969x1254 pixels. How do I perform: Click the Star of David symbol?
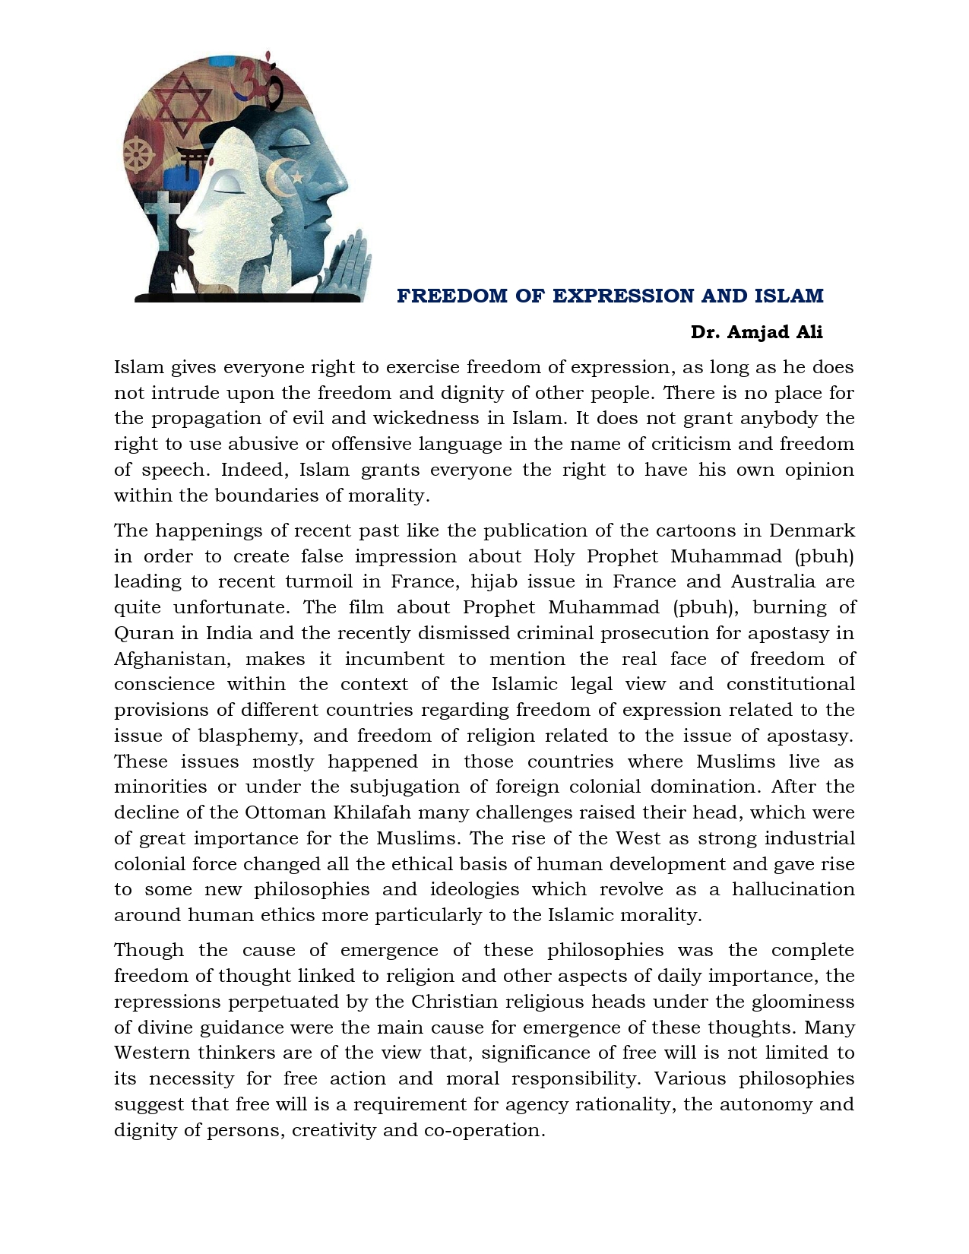[x=182, y=104]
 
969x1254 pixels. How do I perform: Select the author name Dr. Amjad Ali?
[x=756, y=332]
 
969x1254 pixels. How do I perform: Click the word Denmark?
[x=812, y=530]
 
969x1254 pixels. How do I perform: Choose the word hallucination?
[x=793, y=889]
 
